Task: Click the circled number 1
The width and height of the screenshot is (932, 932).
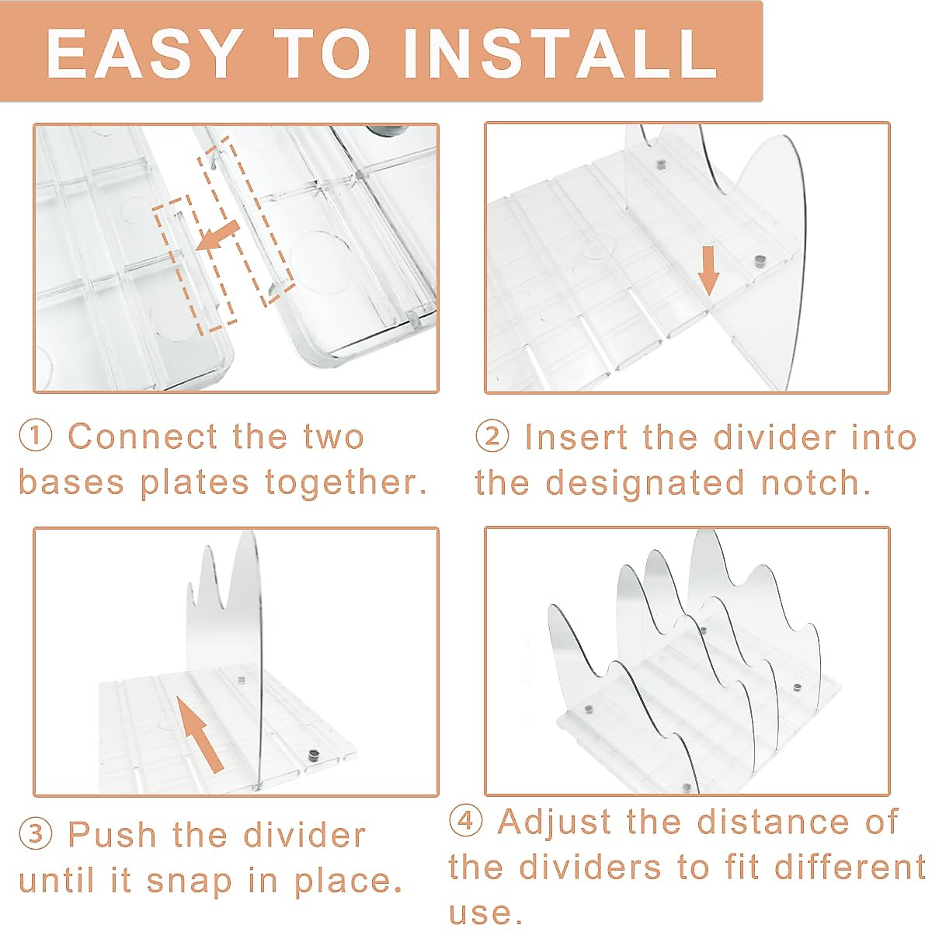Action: [x=36, y=436]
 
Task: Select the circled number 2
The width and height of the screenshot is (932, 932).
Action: [x=492, y=436]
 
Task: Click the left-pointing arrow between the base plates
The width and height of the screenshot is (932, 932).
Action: [x=217, y=236]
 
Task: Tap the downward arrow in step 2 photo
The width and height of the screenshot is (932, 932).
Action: [x=708, y=270]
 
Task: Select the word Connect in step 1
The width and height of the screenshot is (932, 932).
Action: [x=143, y=436]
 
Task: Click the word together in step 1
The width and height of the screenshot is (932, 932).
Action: [x=346, y=484]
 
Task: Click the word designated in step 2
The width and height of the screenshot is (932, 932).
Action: [x=645, y=484]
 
